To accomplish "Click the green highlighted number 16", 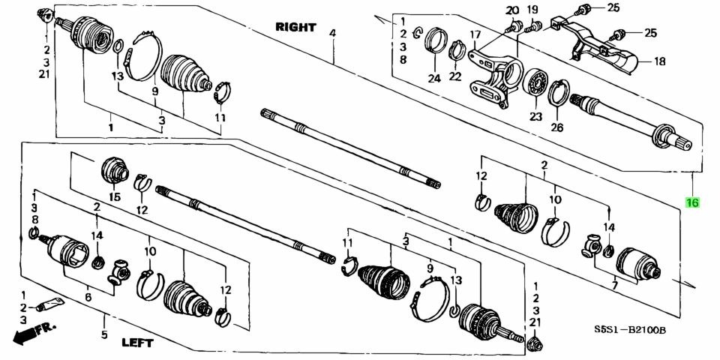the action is coord(692,202).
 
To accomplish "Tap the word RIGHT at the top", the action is coord(295,27).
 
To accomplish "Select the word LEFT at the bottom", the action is coord(137,342).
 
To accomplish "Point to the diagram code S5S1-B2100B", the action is coord(630,330).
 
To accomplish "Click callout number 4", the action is coord(332,33).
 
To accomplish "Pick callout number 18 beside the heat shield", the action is coord(659,61).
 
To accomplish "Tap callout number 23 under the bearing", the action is coord(535,117).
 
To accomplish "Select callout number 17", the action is coord(474,34).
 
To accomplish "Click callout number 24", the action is coord(434,78).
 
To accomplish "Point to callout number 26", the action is coord(557,127).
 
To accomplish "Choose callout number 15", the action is coord(114,197).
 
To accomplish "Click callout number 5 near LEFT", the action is coord(104,334).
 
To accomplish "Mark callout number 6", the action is coord(88,298).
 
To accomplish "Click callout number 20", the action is coord(512,10).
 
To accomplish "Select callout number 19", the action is coord(532,10).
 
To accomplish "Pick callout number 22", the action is coord(455,76).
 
